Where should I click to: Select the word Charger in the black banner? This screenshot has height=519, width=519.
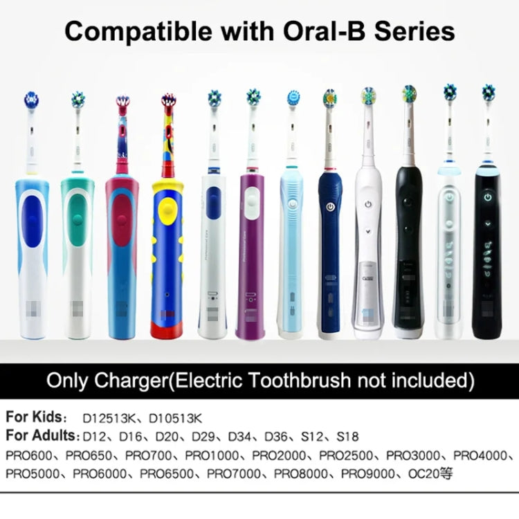pyautogui.click(x=141, y=380)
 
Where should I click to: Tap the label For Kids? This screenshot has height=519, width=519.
pyautogui.click(x=35, y=418)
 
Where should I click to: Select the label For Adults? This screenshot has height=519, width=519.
pyautogui.click(x=41, y=437)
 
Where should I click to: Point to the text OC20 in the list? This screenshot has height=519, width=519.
pyautogui.click(x=425, y=475)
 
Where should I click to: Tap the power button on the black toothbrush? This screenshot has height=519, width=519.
pyautogui.click(x=489, y=197)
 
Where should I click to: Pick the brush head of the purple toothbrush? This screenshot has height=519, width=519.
pyautogui.click(x=253, y=98)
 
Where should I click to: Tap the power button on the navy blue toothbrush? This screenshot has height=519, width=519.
pyautogui.click(x=330, y=206)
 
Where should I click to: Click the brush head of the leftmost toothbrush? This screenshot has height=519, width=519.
pyautogui.click(x=31, y=100)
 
